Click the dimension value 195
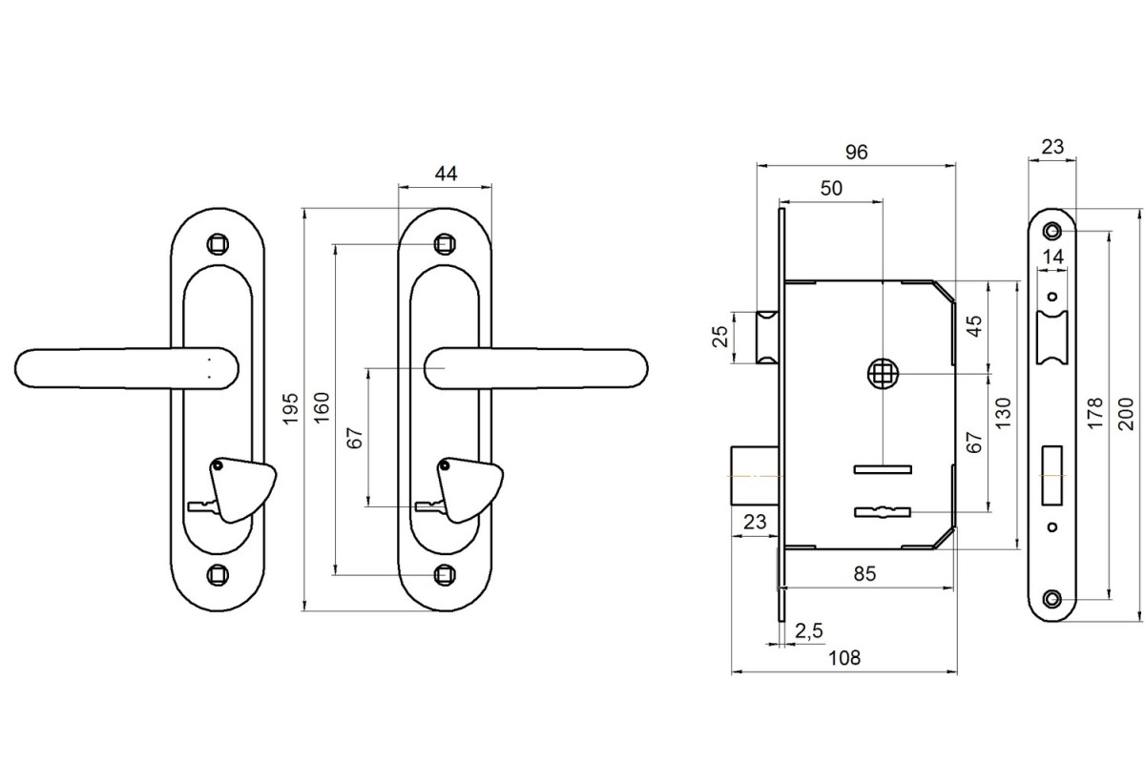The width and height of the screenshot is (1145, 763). coord(293,407)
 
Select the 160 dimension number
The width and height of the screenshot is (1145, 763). coord(322,407)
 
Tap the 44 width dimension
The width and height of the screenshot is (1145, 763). coord(446,173)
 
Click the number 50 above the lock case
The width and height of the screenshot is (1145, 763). coord(831,189)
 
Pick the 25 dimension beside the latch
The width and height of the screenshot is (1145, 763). coord(720,337)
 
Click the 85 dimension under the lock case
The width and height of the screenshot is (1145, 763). coord(864,573)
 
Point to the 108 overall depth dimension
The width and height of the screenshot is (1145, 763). coord(844,657)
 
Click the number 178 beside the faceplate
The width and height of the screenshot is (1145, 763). coord(1094,414)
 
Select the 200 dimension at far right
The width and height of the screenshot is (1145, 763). coord(1126,414)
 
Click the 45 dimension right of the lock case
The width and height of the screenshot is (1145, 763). coord(973,327)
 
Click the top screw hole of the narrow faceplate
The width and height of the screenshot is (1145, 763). coord(1052,231)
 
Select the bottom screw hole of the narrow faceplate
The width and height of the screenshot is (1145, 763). coord(1052,599)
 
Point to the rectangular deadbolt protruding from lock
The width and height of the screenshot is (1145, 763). coord(754,474)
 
